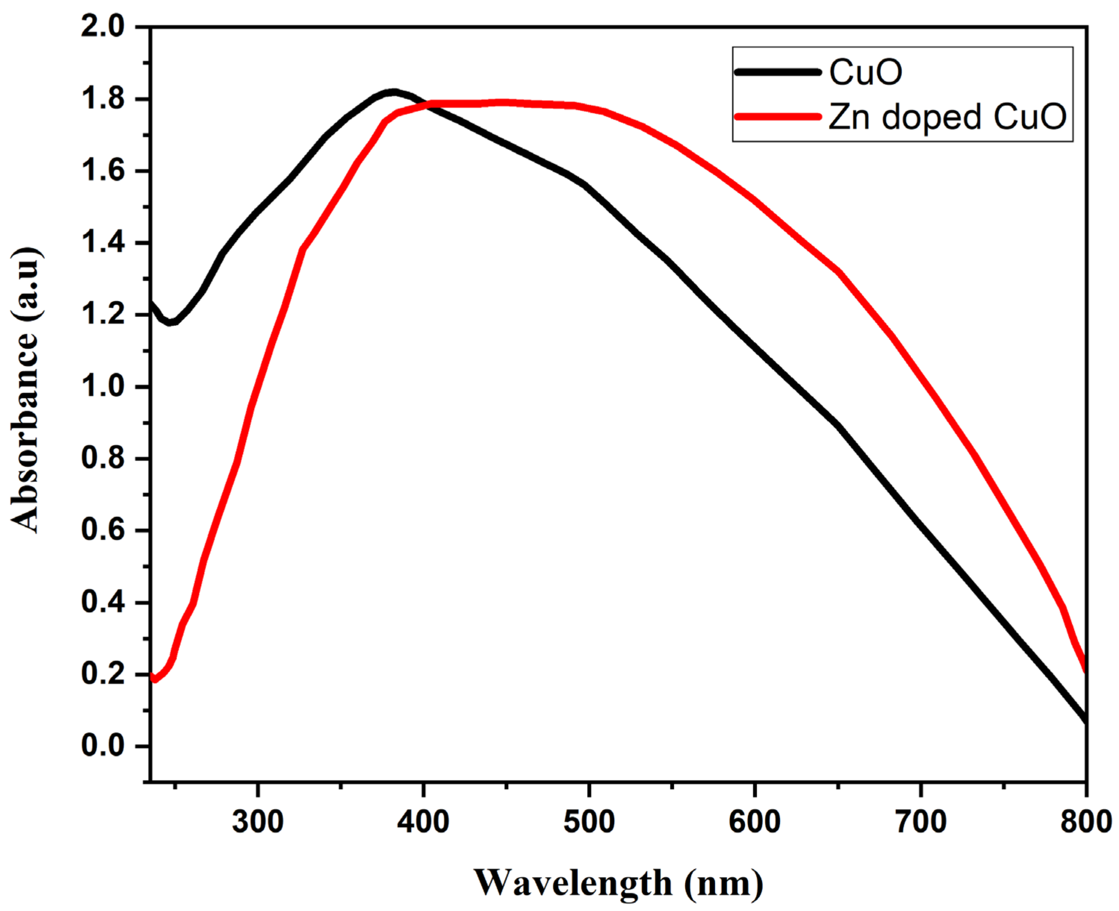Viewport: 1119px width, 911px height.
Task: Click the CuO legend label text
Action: click(865, 72)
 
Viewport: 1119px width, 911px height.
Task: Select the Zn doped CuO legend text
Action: click(947, 116)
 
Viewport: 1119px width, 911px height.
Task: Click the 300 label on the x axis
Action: click(258, 821)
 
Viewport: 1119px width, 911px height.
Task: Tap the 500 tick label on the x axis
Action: click(589, 821)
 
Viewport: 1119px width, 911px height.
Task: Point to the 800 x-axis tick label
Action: click(1085, 821)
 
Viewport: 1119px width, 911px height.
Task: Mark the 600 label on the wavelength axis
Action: click(755, 821)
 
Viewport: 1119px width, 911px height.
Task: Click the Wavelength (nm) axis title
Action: click(618, 883)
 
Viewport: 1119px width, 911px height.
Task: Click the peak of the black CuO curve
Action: click(393, 92)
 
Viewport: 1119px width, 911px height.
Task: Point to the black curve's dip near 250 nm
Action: click(170, 322)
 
